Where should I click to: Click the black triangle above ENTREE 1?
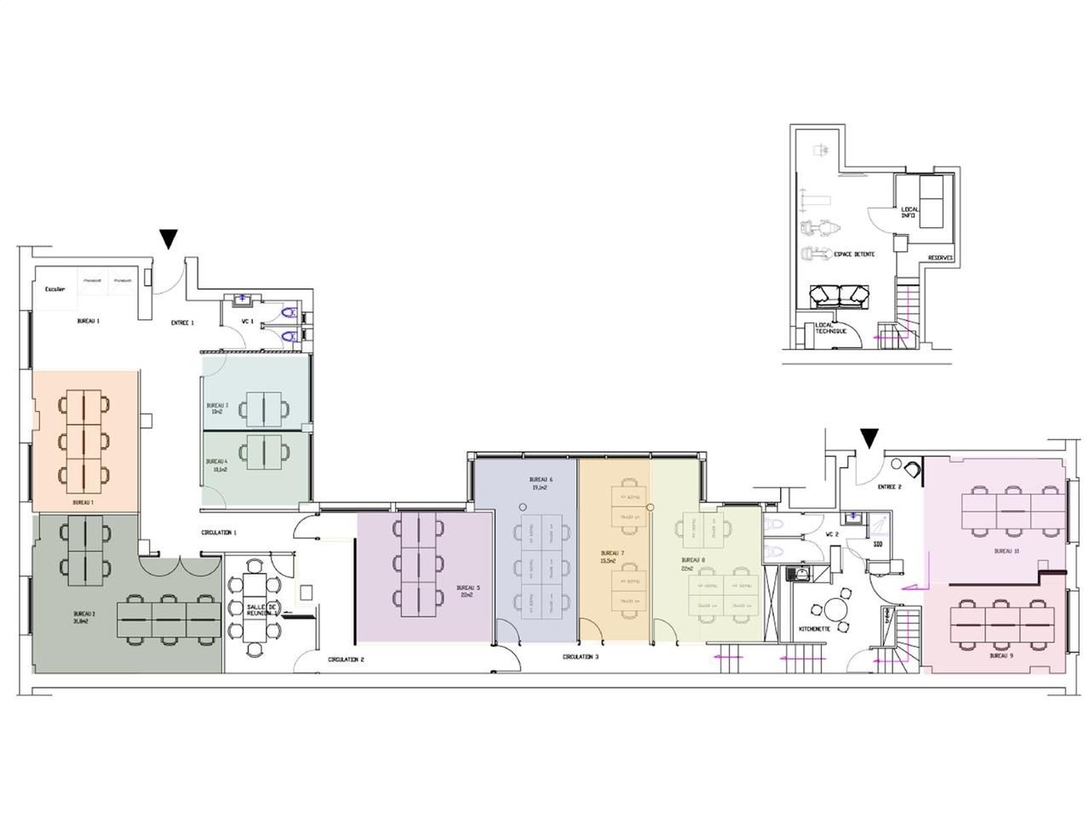point(169,239)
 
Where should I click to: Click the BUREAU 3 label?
point(217,408)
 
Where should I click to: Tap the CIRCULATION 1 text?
point(219,532)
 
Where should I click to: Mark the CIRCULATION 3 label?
point(580,656)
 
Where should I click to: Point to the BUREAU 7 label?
point(611,557)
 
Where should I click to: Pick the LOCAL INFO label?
point(909,212)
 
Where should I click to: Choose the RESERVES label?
point(940,258)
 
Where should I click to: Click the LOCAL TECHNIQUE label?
point(830,328)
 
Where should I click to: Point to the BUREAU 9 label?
point(1001,656)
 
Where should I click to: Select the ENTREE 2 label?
point(889,487)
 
